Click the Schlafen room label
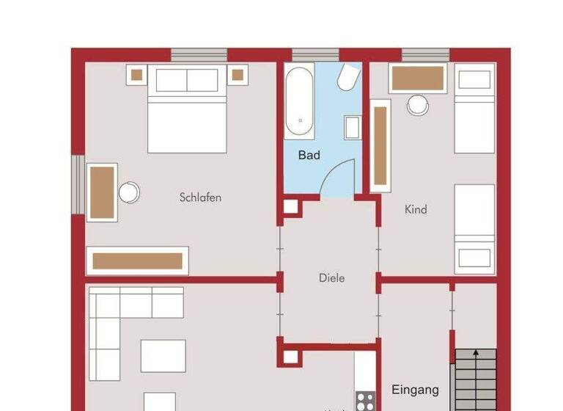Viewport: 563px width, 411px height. (x=200, y=197)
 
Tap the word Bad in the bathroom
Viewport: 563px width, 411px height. (x=309, y=156)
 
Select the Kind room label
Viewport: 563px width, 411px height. (x=416, y=210)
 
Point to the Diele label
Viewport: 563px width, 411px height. (x=331, y=278)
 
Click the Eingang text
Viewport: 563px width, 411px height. (x=415, y=390)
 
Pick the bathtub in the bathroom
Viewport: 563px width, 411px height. (x=299, y=101)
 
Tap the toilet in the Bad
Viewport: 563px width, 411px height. (x=348, y=78)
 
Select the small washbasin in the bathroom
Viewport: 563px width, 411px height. (x=352, y=128)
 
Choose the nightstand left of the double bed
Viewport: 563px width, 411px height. (x=136, y=73)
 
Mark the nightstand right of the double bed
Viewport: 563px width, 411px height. (x=238, y=73)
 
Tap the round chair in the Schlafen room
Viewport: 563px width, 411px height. (x=129, y=192)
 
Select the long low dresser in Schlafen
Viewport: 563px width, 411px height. (x=138, y=261)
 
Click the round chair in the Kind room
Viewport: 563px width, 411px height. (x=418, y=105)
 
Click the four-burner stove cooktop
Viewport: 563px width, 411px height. (x=365, y=401)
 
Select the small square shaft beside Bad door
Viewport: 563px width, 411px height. (x=290, y=206)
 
